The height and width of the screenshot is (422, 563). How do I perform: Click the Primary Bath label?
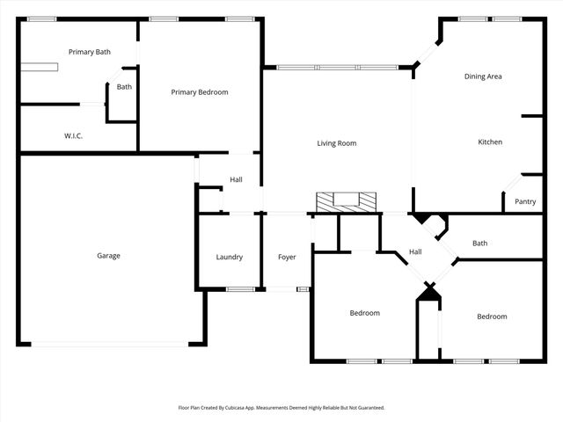90,53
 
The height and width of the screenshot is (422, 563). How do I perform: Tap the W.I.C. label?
73,136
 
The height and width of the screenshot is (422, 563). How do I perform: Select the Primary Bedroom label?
200,92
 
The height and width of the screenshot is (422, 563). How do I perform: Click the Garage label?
108,256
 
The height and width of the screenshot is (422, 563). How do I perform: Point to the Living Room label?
337,143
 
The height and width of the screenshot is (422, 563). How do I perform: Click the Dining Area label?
483,76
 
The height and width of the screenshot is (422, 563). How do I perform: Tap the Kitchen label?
490,142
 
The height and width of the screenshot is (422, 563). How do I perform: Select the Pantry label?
525,201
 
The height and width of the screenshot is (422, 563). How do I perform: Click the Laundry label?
230,257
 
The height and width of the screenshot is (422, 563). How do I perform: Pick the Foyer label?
287,257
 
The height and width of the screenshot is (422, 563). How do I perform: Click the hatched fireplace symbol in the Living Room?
347,201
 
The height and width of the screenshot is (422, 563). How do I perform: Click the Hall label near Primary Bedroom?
236,180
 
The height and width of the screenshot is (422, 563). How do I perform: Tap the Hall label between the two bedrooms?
415,252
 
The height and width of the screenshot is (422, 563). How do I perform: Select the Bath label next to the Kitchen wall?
479,244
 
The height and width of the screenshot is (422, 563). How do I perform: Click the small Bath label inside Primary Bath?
124,86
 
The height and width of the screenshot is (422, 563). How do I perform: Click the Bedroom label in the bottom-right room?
492,316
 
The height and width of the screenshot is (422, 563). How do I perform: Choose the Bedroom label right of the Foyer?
364,313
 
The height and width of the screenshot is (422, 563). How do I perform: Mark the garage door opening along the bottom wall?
109,344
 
